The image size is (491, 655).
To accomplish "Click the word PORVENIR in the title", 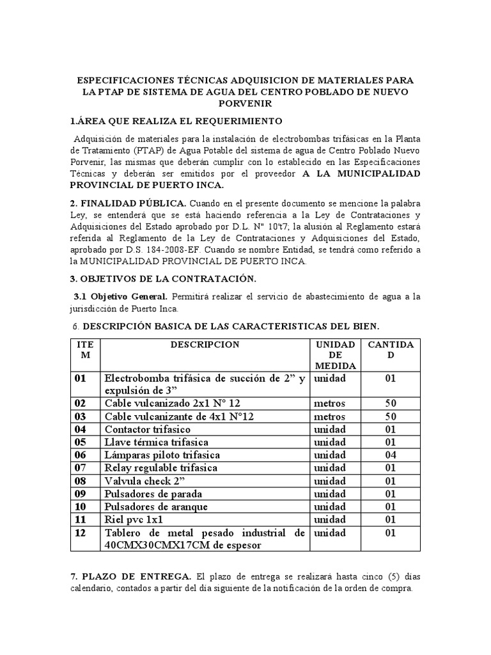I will pyautogui.click(x=245, y=104).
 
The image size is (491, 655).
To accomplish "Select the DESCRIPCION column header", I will pyautogui.click(x=205, y=345).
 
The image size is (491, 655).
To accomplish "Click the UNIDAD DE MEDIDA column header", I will pyautogui.click(x=335, y=355).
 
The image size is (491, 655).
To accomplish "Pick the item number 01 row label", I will pyautogui.click(x=81, y=379).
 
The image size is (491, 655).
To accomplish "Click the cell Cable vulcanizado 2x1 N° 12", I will pyautogui.click(x=173, y=404).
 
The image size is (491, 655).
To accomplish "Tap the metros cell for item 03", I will pyautogui.click(x=329, y=416).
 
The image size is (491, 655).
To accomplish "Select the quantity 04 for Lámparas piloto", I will pyautogui.click(x=391, y=455).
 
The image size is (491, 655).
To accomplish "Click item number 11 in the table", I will pyautogui.click(x=80, y=519).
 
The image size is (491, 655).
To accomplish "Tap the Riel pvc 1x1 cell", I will pyautogui.click(x=133, y=519).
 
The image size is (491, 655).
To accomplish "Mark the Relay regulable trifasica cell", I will pyautogui.click(x=161, y=468).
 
